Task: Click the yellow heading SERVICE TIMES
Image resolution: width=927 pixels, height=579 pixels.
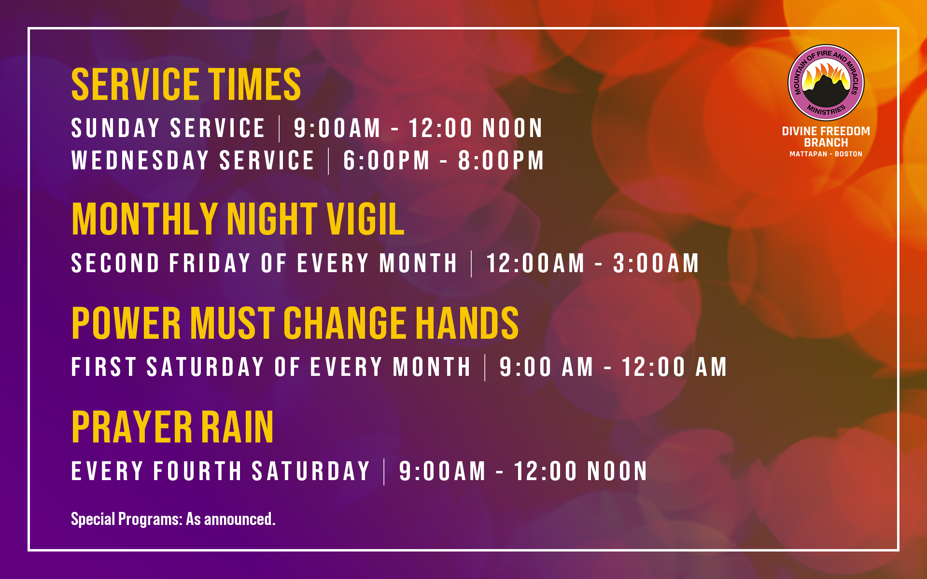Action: click(x=186, y=84)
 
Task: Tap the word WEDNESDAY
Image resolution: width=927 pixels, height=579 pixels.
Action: click(x=140, y=160)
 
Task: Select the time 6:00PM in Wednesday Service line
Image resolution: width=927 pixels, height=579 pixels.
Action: click(x=386, y=160)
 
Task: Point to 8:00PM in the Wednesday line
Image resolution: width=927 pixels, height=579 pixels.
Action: click(x=501, y=160)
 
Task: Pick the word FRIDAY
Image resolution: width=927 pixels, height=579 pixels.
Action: click(x=210, y=263)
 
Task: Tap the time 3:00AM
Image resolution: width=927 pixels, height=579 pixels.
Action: click(x=656, y=263)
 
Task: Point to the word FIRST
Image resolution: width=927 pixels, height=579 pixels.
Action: click(x=104, y=367)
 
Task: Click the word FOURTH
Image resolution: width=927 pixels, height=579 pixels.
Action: click(x=197, y=471)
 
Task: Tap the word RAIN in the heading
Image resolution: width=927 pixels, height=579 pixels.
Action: click(x=237, y=427)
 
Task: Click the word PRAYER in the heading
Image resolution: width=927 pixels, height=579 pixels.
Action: click(x=132, y=427)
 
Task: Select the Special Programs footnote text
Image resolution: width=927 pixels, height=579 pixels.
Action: click(x=173, y=519)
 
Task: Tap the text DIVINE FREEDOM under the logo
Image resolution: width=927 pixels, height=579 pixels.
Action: click(x=826, y=131)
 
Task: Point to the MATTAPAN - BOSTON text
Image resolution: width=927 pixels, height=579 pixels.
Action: click(x=826, y=154)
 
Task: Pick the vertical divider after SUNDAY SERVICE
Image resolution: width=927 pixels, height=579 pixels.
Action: click(x=280, y=129)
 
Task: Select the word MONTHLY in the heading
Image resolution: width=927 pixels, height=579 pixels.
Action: click(x=145, y=219)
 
